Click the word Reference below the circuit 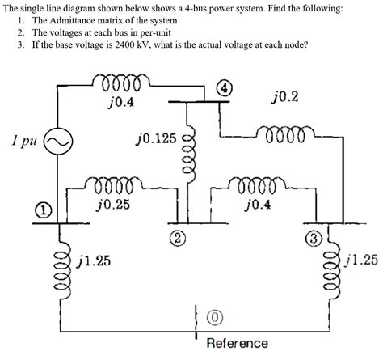pos(237,343)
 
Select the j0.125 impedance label pos(156,140)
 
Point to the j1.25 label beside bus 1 pos(95,260)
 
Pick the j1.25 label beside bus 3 pos(361,260)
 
